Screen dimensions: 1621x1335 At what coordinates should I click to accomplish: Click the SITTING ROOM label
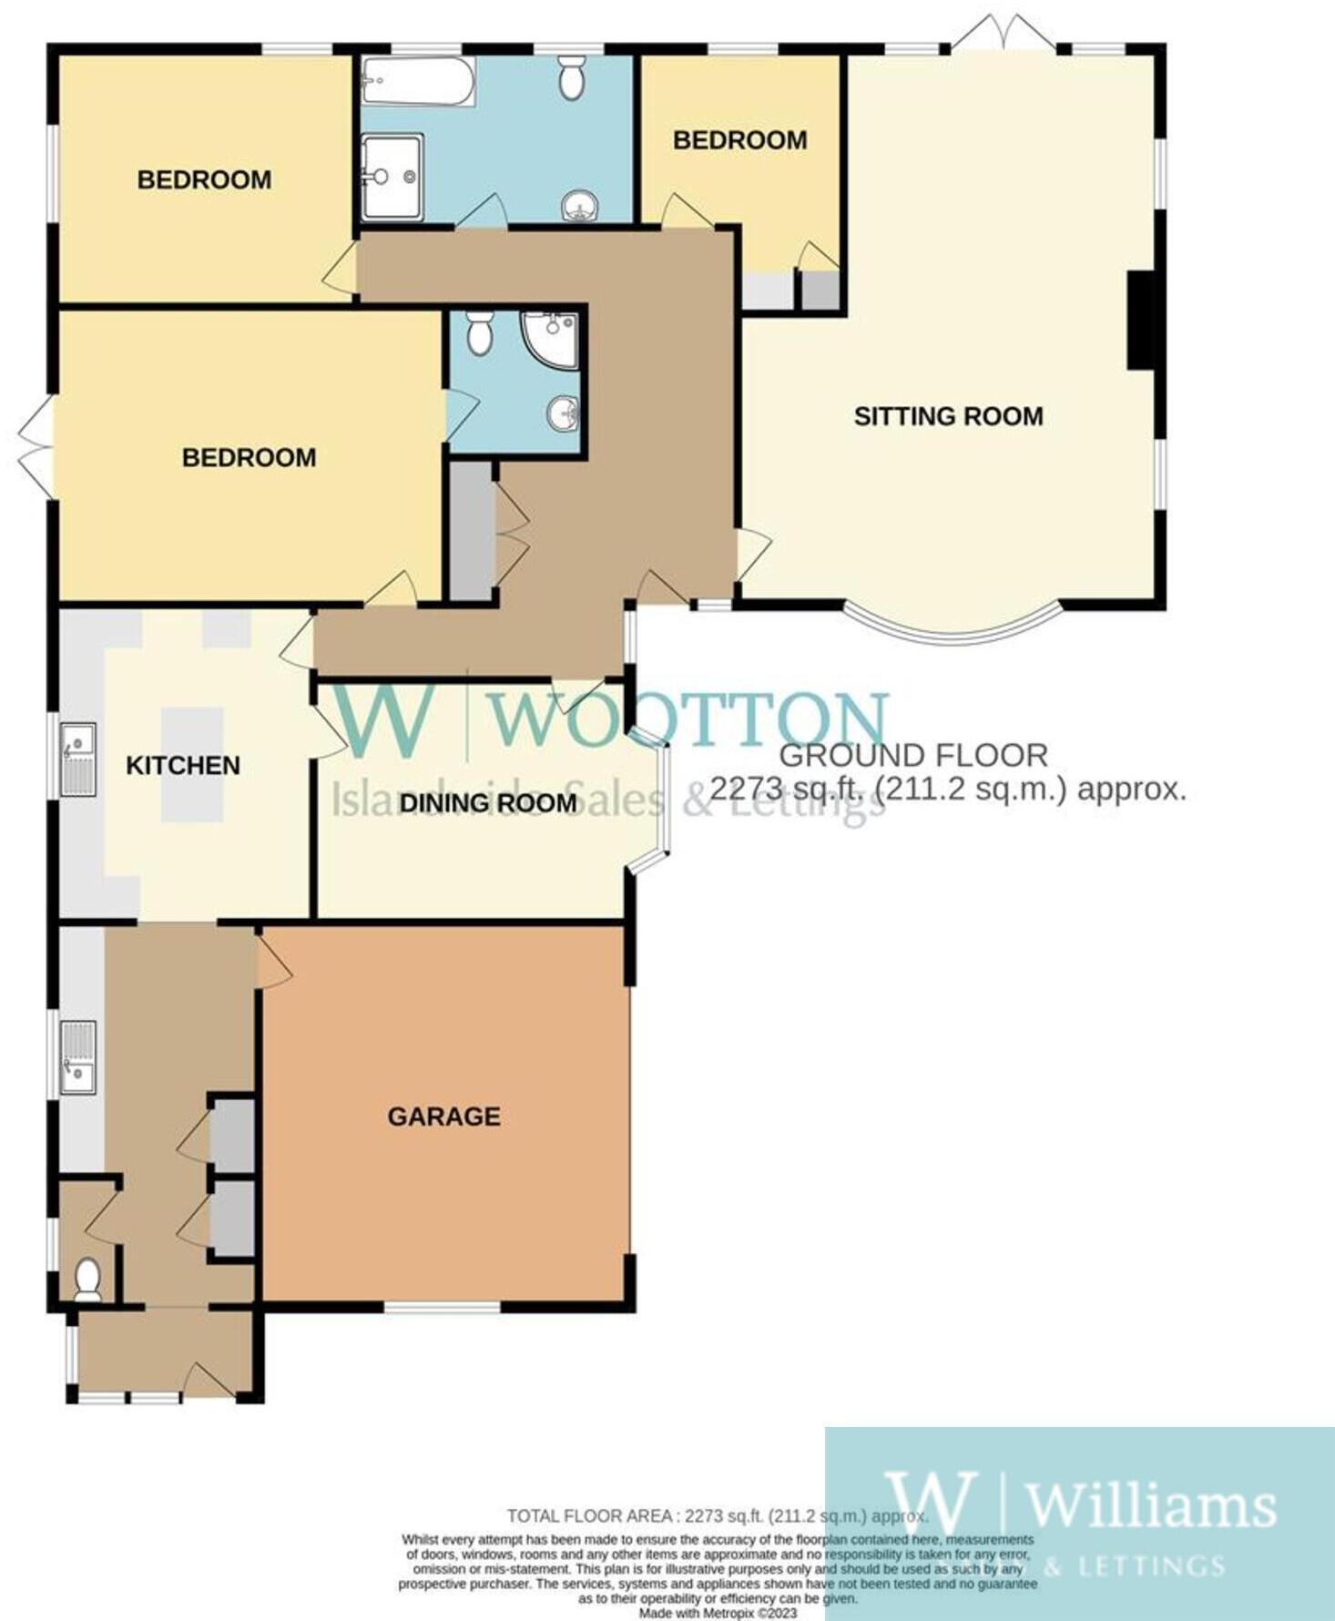948,416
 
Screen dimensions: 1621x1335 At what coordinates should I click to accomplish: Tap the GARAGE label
443,1116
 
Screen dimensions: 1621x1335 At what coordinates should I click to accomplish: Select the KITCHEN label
183,765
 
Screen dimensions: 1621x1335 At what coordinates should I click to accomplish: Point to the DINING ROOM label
488,803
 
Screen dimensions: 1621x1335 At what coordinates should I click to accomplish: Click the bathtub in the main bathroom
418,82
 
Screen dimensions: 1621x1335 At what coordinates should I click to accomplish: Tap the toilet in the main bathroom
572,77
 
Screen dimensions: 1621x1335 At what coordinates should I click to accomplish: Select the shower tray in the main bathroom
392,177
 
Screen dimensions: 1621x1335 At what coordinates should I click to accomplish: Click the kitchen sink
78,760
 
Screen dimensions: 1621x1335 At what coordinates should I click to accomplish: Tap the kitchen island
192,765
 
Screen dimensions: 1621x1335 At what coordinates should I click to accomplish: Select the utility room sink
78,1056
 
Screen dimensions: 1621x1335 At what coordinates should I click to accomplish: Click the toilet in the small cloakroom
87,1279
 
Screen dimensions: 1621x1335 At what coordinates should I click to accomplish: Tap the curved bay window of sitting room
953,630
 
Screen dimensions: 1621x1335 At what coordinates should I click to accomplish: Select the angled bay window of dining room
663,800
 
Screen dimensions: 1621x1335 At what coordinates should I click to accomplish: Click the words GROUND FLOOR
913,755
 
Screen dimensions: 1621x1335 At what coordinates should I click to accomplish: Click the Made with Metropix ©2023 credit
718,1613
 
